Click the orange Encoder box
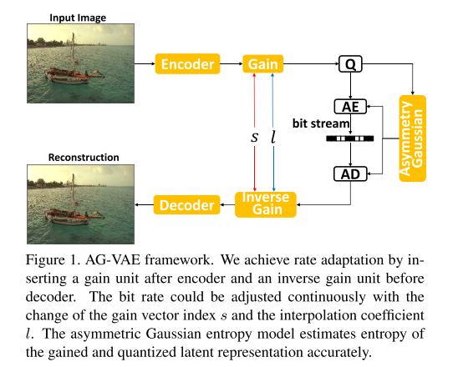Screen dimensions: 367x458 pyautogui.click(x=188, y=64)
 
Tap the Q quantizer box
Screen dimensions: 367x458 pyautogui.click(x=351, y=64)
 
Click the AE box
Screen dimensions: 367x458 pyautogui.click(x=351, y=107)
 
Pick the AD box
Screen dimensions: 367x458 pyautogui.click(x=351, y=174)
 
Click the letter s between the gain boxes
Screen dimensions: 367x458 pyautogui.click(x=254, y=136)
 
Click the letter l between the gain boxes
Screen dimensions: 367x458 pyautogui.click(x=273, y=135)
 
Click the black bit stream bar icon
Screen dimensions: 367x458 pyautogui.click(x=351, y=138)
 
